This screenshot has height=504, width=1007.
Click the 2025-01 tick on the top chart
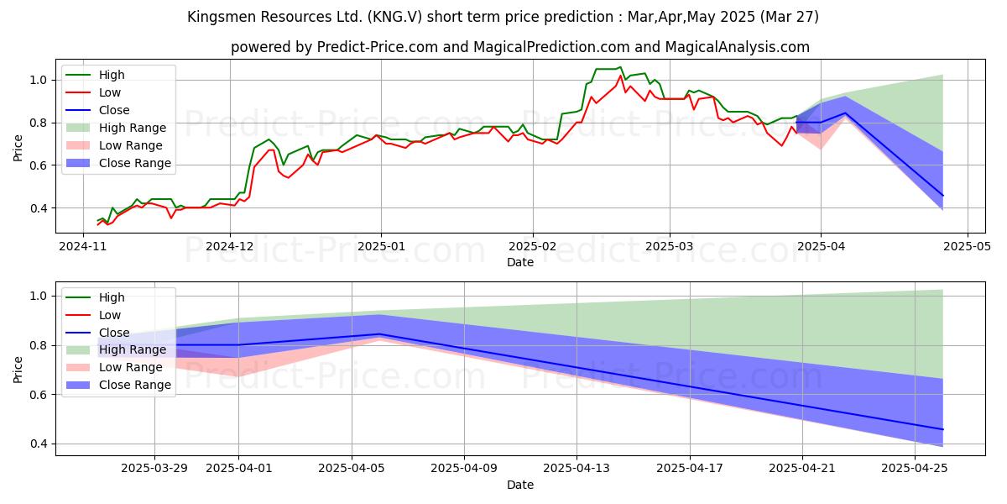tap(381, 247)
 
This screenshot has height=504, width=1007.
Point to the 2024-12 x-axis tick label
tap(230, 247)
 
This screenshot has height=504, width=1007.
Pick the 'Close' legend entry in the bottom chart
tap(114, 333)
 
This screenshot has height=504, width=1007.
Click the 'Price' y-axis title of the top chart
tap(18, 149)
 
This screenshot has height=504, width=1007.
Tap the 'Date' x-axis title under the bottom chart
tap(520, 485)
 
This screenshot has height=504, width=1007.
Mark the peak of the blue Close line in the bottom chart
tap(379, 334)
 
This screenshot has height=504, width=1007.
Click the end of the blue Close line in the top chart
tap(943, 196)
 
